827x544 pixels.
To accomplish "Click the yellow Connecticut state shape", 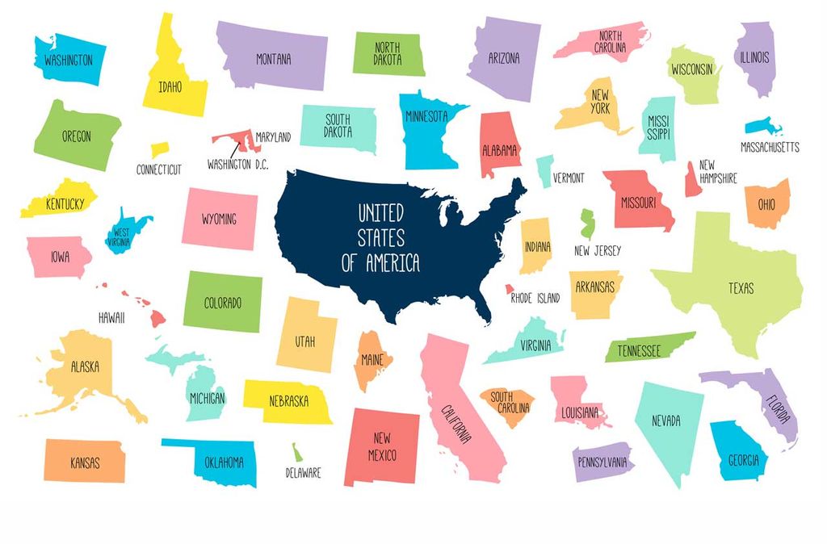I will tap(159, 149).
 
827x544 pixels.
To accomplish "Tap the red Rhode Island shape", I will tap(510, 288).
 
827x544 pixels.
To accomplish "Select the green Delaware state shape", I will tap(296, 452).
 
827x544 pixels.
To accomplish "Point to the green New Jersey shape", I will tap(587, 223).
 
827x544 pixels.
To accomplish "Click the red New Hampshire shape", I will tap(692, 180).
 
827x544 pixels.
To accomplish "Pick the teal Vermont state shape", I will tap(545, 170).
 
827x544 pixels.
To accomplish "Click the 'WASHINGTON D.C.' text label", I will tap(237, 164).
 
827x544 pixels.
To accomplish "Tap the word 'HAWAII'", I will tap(111, 318).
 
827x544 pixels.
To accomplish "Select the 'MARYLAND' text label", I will tap(273, 137).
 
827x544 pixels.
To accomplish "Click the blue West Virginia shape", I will tap(125, 230).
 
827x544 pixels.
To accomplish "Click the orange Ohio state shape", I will tap(766, 204).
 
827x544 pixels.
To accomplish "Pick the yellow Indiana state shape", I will tap(535, 245).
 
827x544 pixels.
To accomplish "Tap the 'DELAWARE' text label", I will tap(303, 473).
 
